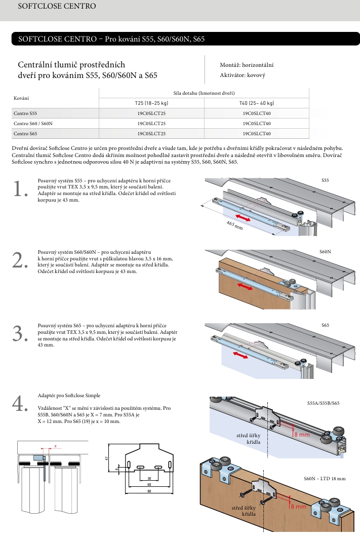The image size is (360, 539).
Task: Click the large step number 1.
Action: pos(20,189)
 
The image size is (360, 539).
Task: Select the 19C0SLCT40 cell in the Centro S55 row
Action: pos(257,114)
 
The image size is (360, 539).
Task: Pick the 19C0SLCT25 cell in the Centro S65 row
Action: pos(151,133)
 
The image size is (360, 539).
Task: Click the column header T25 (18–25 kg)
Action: pos(151,103)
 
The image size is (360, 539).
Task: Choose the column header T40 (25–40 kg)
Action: pos(257,103)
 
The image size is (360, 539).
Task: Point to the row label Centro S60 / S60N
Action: pos(33,124)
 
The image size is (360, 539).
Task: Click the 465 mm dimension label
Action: pos(234,225)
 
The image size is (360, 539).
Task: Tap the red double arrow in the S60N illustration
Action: pos(246,287)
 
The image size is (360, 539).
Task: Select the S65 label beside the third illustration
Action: pos(325,325)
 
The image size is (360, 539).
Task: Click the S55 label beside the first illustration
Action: pos(325,180)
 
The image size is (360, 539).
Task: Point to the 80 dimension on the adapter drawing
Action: pos(149,491)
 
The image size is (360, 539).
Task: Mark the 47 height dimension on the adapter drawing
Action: pos(107,458)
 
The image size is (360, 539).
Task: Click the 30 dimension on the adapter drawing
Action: pos(149,478)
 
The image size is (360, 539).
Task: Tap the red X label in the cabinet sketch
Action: pos(56,446)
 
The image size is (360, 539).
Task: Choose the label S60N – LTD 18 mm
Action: pos(325,478)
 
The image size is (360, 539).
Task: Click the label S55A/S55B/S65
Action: pos(323,404)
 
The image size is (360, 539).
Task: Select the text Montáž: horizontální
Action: pos(247,65)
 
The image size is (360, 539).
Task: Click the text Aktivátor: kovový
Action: pos(243,75)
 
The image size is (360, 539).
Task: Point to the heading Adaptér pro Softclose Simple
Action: pos(69,395)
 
